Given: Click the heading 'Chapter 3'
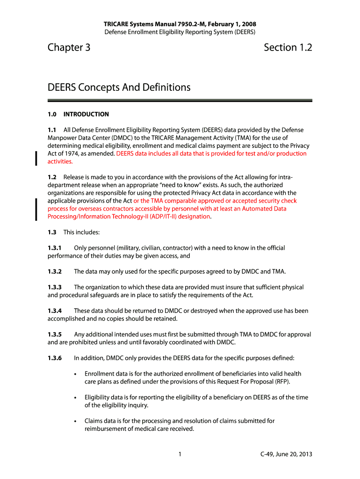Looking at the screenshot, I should [69, 48].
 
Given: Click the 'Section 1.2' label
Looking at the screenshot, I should [288, 48].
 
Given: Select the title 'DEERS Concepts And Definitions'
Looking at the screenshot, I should [119, 87].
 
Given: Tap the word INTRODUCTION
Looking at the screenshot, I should [86, 114].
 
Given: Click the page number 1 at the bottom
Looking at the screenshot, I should [180, 454].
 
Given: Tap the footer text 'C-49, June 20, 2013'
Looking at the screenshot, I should [286, 454].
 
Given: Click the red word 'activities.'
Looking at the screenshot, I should [60, 161].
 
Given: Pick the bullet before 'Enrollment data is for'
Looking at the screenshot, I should [76, 374].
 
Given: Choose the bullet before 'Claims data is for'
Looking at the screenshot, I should [76, 421].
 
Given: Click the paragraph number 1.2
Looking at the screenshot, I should [52, 177].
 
